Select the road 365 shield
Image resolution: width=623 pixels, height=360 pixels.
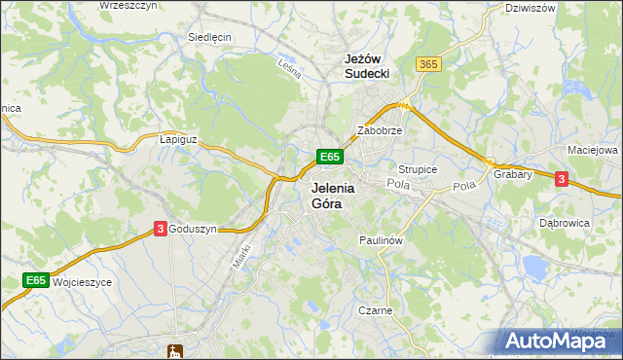[x=428, y=64]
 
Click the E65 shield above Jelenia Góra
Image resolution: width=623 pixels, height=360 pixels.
[x=329, y=157]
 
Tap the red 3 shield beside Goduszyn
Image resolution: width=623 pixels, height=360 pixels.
[x=160, y=229]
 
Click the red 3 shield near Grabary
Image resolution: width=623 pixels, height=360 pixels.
[x=561, y=178]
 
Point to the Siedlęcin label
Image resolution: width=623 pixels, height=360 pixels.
[x=209, y=37]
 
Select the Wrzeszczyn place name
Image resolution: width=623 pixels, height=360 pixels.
[x=128, y=6]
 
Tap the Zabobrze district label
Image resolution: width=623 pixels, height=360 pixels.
[x=380, y=129]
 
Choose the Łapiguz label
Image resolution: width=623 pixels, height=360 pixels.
[x=178, y=139]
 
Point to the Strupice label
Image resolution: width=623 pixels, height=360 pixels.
[x=418, y=169]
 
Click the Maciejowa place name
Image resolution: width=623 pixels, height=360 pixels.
[x=593, y=151]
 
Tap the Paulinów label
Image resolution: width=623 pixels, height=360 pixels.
[x=381, y=239]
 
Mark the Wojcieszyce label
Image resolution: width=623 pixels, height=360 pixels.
[x=83, y=281]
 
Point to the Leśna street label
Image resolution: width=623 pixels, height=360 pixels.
[x=287, y=68]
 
